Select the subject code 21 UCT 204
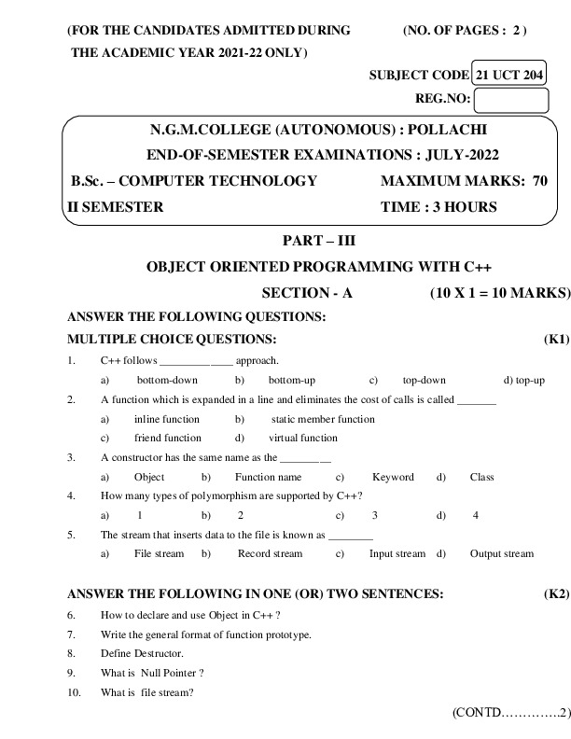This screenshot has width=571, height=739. coord(509,75)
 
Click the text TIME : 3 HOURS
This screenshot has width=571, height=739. coord(439,207)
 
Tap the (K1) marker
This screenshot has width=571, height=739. coord(556,339)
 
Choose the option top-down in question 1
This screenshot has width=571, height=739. coord(425,380)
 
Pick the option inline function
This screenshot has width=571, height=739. coord(167,419)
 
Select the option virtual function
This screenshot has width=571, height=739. coord(303,438)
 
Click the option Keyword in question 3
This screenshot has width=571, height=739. coord(393,477)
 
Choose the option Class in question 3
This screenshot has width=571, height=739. coord(482,477)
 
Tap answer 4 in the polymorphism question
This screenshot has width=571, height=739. coord(476,515)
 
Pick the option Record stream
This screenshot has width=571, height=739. coord(271,553)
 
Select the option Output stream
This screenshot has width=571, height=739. coord(502,553)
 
